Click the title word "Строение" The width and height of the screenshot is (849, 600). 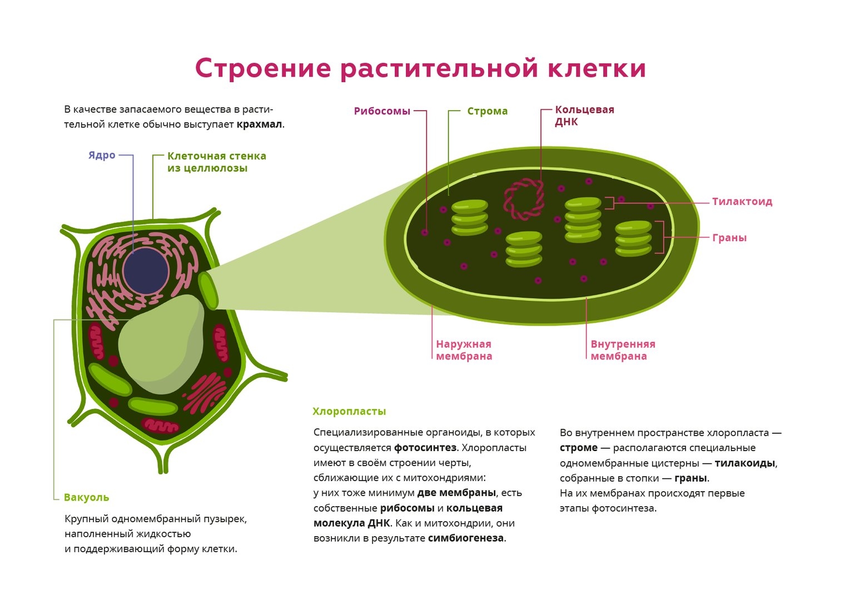coord(262,69)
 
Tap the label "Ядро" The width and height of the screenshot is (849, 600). coord(102,156)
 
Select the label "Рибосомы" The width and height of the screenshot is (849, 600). coord(382,111)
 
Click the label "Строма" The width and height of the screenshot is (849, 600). coord(487,111)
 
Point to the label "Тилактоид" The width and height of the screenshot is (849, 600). coord(742,202)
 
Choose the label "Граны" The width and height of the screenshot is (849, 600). coord(729,238)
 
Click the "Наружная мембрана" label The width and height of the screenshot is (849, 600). coord(464,351)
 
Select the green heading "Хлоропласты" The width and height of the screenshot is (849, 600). coord(349,412)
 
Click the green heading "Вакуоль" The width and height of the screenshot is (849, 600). coord(86,498)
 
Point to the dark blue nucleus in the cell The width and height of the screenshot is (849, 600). coord(146,271)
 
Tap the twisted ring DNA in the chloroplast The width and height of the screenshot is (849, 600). coord(524,199)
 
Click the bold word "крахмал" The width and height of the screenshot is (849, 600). coord(259,124)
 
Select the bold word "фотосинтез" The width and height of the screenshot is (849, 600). coord(425,448)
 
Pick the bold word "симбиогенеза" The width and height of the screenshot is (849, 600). coord(465,538)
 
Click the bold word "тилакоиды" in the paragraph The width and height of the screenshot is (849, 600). coord(744,463)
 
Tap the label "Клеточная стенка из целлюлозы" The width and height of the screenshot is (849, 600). coord(216,162)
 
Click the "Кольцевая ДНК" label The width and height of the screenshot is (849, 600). coord(584,116)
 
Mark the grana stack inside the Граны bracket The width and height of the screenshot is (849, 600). coord(633,238)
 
